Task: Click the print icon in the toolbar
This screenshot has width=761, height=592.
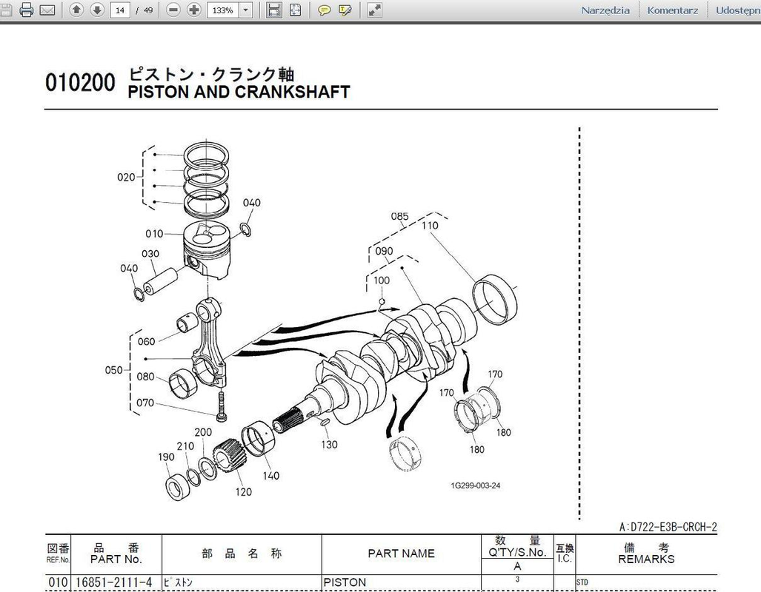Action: (x=27, y=10)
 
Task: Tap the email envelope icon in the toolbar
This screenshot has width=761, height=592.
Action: (x=47, y=10)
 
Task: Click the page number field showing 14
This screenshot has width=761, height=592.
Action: (x=120, y=10)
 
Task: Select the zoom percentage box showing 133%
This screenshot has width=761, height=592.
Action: (x=223, y=10)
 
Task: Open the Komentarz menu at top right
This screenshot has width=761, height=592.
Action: (x=673, y=10)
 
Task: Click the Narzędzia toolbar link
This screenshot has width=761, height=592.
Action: (x=605, y=10)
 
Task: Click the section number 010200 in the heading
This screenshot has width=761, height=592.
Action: (x=81, y=82)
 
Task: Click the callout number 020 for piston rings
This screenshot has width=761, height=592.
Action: (x=126, y=177)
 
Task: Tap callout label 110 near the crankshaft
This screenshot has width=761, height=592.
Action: (x=430, y=226)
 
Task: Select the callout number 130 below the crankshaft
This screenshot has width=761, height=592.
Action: (x=329, y=444)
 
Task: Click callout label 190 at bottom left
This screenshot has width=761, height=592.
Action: (x=166, y=457)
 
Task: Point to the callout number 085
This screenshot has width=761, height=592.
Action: (x=400, y=216)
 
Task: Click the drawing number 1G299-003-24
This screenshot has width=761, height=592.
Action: (x=476, y=485)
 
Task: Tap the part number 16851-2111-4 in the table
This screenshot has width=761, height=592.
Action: (x=114, y=582)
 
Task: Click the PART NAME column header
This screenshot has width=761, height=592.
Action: (x=402, y=554)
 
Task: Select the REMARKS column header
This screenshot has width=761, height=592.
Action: (x=646, y=559)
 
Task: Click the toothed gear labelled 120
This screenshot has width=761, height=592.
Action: (x=227, y=458)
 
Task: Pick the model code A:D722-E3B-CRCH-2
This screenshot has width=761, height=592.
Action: (x=668, y=527)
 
